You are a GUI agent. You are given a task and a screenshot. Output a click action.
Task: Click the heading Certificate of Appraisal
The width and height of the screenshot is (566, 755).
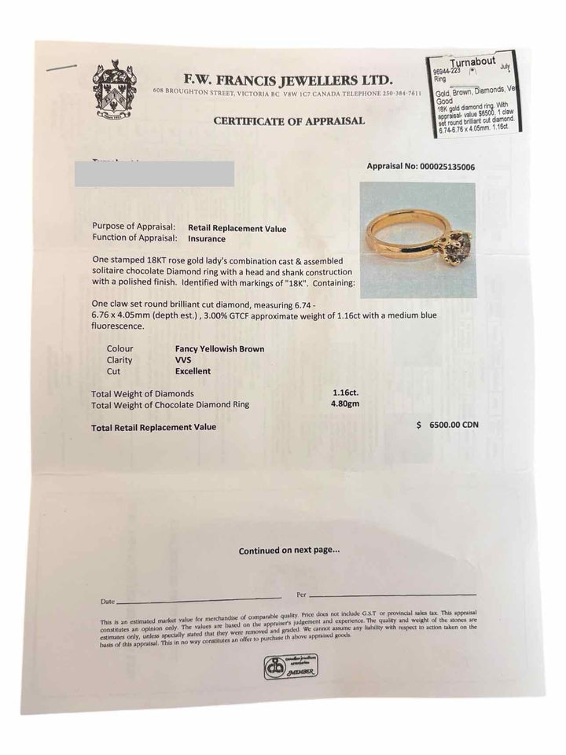click(289, 120)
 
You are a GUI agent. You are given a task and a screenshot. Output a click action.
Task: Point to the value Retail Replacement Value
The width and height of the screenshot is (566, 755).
click(237, 229)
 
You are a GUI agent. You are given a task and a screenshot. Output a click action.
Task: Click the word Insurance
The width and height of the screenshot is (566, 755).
click(206, 239)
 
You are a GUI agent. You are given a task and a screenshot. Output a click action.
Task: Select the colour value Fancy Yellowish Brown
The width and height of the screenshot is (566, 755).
click(219, 348)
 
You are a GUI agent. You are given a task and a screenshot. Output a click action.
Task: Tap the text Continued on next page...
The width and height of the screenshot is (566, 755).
click(289, 551)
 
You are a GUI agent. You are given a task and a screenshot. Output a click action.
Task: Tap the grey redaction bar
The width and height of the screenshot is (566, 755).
click(164, 174)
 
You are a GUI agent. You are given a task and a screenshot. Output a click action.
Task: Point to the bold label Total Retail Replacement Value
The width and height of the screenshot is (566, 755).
click(153, 427)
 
